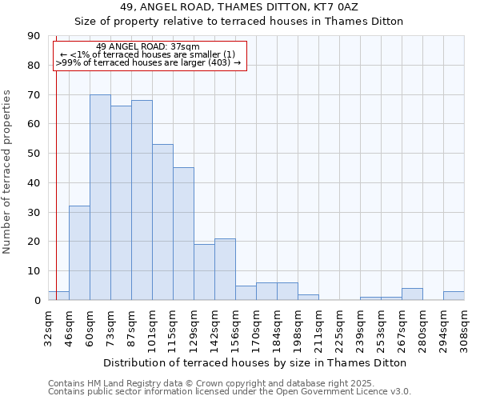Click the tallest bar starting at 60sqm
pos(100,198)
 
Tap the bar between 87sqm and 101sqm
pos(142,200)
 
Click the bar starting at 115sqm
pos(183,234)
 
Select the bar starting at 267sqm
pos(412,294)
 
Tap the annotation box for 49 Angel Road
pos(150,55)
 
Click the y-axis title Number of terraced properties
pos(7,172)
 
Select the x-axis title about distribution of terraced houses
pos(255,362)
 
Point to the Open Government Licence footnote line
pos(230,392)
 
